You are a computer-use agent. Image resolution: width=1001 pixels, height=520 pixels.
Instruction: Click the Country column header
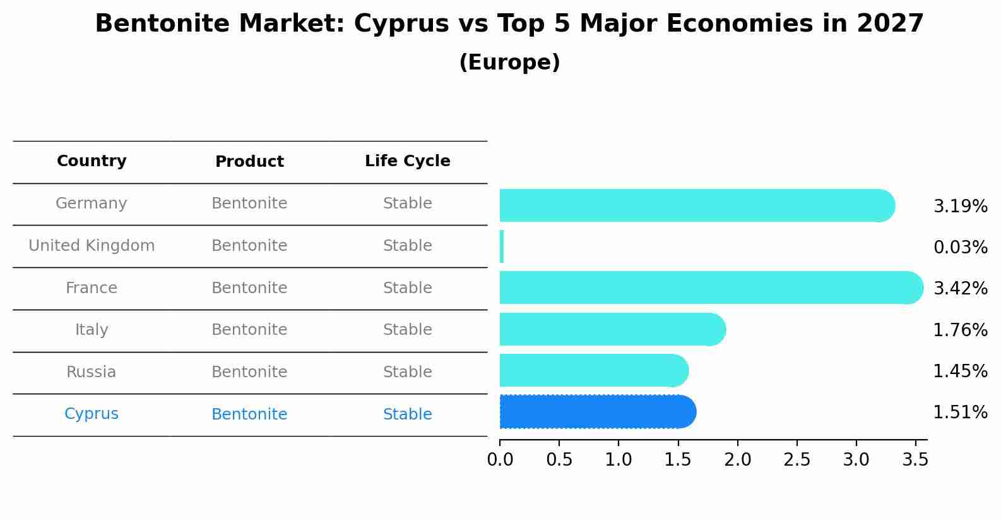[92, 161]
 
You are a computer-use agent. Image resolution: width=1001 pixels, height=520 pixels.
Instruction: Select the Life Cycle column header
[407, 161]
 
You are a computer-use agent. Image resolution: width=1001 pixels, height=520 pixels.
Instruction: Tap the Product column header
[249, 162]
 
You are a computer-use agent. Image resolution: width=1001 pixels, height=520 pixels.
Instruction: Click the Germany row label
[92, 203]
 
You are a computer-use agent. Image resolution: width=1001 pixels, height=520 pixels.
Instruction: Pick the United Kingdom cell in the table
[92, 246]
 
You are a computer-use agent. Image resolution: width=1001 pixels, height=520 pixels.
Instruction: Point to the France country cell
[92, 288]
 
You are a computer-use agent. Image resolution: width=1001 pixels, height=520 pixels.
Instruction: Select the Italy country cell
[92, 330]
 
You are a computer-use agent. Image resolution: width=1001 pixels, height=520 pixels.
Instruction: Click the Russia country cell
[92, 372]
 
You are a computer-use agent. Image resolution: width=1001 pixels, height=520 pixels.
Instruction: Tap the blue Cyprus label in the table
[92, 414]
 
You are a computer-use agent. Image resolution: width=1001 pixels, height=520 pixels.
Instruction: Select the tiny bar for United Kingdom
[502, 246]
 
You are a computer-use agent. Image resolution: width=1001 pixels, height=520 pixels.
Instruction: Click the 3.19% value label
[960, 207]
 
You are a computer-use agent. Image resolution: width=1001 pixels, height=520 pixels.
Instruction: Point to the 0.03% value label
[960, 248]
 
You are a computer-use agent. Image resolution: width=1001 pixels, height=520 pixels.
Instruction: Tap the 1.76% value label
[960, 330]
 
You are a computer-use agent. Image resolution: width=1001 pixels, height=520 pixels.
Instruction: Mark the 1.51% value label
[960, 413]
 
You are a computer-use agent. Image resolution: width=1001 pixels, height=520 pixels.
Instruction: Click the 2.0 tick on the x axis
[737, 460]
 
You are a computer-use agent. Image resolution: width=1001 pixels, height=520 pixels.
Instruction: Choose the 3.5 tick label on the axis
[915, 460]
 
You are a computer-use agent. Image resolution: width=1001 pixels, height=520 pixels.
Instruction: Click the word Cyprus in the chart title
[389, 24]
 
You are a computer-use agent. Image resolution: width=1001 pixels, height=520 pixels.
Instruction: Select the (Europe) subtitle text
[509, 63]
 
